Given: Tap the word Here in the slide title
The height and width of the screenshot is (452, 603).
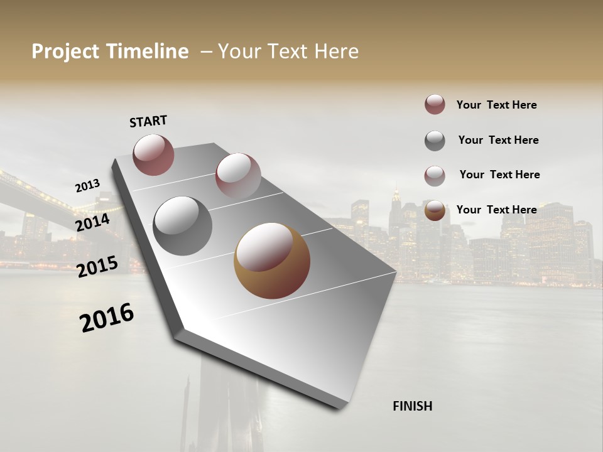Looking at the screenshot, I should point(336,51).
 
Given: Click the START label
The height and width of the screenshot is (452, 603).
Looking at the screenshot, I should point(148,121).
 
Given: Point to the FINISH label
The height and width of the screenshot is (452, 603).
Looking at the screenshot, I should point(413,406).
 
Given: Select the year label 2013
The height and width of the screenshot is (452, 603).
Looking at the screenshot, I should point(87,186).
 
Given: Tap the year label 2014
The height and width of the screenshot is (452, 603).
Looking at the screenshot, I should point(92,222).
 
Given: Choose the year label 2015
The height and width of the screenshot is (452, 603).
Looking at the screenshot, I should point(97,267).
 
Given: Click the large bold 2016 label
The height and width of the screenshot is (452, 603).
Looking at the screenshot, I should point(107,317).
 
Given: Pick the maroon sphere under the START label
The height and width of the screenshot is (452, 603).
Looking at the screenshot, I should point(153,154).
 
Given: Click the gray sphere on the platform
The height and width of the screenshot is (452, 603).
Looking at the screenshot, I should point(182,226).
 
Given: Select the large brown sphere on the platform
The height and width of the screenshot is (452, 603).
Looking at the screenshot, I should point(271,261).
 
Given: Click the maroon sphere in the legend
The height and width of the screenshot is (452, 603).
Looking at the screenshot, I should point(435,104).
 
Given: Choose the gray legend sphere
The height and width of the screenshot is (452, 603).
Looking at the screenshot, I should point(435,141).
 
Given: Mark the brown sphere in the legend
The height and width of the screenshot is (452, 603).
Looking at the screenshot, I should point(435,211).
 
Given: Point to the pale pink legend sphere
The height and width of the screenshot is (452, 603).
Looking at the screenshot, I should point(435,176).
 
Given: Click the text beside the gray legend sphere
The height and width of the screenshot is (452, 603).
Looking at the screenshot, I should point(498,140).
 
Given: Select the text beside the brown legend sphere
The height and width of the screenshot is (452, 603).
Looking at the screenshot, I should point(496,210).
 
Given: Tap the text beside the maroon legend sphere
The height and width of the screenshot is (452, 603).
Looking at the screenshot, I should point(496,105).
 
